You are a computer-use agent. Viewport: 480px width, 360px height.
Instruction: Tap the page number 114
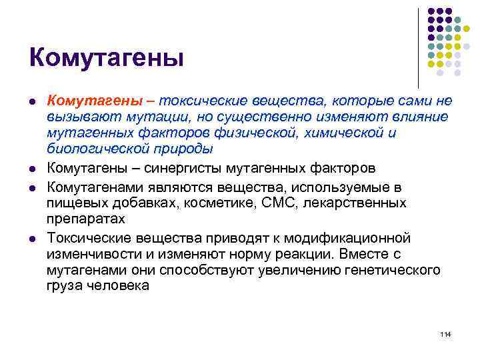(446, 333)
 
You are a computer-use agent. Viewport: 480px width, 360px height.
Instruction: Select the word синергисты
(195, 166)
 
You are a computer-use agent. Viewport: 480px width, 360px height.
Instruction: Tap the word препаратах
(85, 218)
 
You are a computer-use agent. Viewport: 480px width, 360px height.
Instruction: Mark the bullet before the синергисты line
(33, 167)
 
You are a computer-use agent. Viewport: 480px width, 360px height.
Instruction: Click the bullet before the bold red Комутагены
(33, 101)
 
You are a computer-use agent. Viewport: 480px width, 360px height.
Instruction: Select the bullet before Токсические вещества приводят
(33, 239)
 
